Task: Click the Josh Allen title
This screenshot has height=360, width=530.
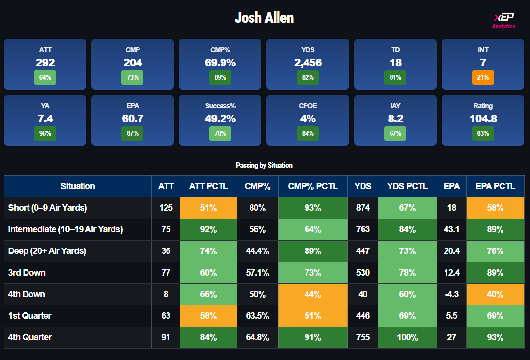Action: click(x=264, y=18)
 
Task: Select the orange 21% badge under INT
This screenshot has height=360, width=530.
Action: click(x=483, y=77)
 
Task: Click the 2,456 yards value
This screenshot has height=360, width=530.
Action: click(x=307, y=63)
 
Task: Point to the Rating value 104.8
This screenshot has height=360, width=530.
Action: click(x=483, y=119)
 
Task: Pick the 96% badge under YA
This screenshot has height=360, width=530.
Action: click(x=45, y=133)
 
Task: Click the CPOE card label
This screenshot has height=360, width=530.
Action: click(x=307, y=106)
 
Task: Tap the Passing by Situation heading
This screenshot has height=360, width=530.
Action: click(x=264, y=166)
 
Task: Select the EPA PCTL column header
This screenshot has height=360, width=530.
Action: click(x=495, y=186)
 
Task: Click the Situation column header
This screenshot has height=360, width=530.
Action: click(x=78, y=186)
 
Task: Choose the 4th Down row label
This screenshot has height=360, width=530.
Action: click(x=27, y=294)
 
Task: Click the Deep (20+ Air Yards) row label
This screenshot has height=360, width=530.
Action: click(x=47, y=251)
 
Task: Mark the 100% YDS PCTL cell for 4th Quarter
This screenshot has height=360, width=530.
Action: click(x=407, y=337)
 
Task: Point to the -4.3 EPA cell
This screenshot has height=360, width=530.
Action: click(x=451, y=294)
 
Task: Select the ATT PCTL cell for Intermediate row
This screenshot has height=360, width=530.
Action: click(x=208, y=229)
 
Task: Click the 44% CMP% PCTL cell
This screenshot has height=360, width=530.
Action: click(x=312, y=294)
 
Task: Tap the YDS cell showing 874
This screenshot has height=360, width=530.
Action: click(x=363, y=208)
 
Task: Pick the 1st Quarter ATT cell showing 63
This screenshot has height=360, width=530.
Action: click(x=166, y=316)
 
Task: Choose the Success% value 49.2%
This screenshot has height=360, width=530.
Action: click(x=220, y=119)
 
